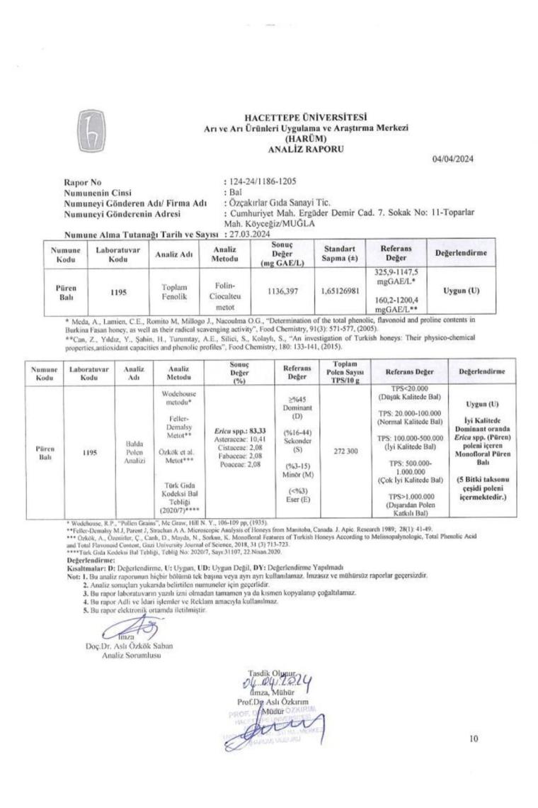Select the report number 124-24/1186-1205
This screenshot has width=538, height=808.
263,182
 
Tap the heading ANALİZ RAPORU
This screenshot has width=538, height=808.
304,150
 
